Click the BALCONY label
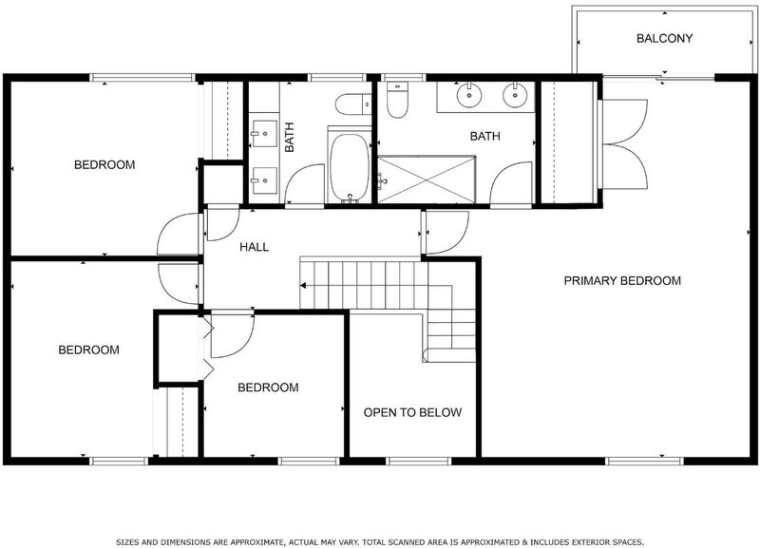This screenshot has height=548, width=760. [x=664, y=38]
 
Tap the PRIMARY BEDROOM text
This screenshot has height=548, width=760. [x=622, y=280]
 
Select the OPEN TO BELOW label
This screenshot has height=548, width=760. [x=412, y=412]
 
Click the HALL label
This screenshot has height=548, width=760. [x=254, y=247]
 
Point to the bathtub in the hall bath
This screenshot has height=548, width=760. [x=349, y=167]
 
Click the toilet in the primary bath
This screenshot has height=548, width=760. [x=397, y=100]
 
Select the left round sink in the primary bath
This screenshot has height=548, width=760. [x=469, y=96]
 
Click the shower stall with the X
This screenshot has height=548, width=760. [x=427, y=180]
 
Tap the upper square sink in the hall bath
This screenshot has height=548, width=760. [x=264, y=133]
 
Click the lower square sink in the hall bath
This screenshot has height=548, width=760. [x=264, y=180]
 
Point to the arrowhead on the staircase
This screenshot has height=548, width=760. [x=304, y=285]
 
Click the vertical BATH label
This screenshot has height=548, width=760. [x=290, y=137]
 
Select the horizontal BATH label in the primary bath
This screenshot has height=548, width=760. [x=484, y=136]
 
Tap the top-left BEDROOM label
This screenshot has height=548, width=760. [x=104, y=164]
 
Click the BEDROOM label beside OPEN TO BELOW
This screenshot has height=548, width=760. [x=268, y=387]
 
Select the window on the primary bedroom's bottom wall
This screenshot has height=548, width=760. [x=644, y=461]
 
